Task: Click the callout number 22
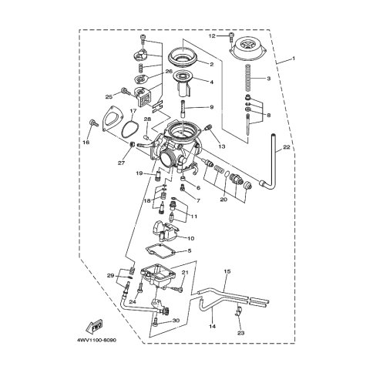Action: coord(286,147)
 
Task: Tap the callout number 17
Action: coord(133,111)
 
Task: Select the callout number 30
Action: coord(176,321)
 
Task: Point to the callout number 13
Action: coord(222,146)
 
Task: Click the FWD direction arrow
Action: coord(94,325)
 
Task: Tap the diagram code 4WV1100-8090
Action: coord(96,341)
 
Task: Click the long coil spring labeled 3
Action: coord(248,78)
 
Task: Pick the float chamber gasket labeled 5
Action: coord(160,250)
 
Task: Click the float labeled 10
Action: coord(166,231)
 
